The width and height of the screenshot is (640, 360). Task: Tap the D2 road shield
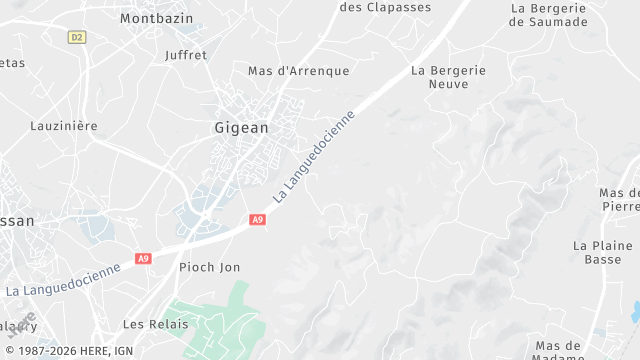77,37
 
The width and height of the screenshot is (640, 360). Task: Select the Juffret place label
185,55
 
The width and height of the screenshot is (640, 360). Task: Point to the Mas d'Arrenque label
299,71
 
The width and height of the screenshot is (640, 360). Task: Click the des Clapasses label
385,7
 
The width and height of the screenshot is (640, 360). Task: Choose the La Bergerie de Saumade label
548,14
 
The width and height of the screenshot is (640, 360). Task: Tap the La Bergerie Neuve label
448,78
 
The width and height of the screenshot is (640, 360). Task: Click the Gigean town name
241,128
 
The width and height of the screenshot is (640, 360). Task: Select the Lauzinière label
63,126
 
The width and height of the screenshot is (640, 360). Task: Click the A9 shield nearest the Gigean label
257,219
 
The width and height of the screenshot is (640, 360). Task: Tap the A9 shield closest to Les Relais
144,258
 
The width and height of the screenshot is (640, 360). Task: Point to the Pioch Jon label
209,267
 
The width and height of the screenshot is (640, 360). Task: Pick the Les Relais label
155,324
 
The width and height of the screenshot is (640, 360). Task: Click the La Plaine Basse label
603,252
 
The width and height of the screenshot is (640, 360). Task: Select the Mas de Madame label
559,351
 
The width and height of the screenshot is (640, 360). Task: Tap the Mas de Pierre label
619,200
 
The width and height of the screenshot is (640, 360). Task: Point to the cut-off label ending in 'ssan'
16,221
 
